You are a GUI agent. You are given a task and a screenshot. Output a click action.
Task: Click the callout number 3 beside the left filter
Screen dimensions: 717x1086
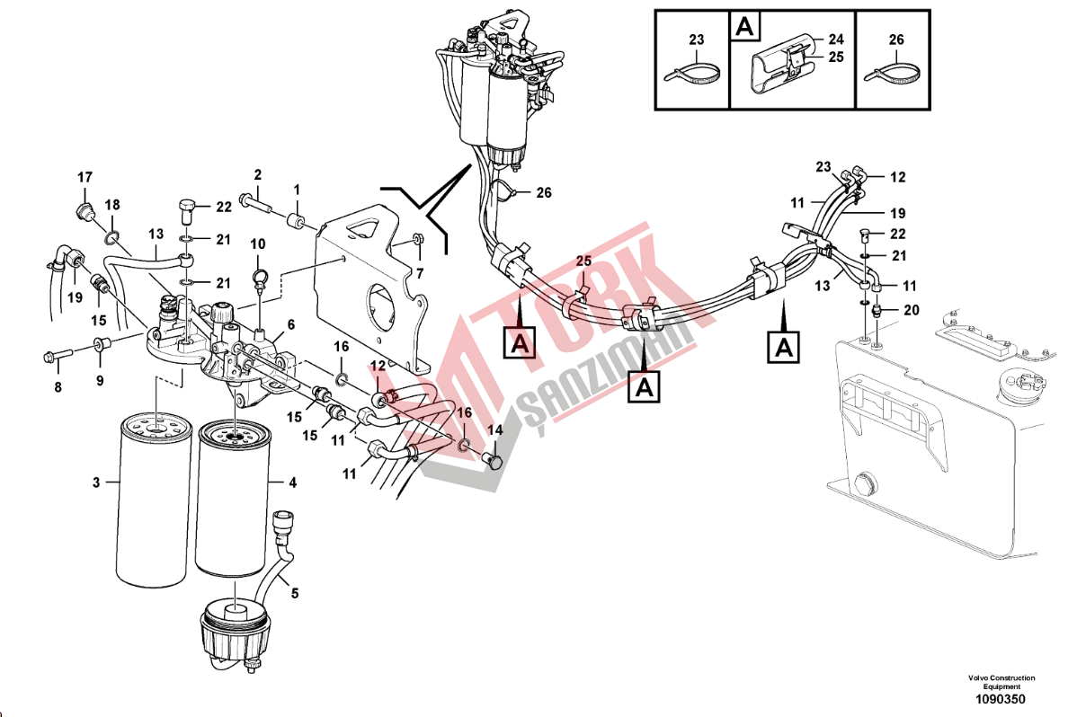[x=96, y=482]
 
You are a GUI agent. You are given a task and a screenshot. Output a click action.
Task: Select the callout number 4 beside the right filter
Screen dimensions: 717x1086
[x=292, y=482]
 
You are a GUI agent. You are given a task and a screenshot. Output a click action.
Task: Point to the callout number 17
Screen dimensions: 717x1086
[x=85, y=176]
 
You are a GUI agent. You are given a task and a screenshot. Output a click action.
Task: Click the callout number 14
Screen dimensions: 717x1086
[x=494, y=430]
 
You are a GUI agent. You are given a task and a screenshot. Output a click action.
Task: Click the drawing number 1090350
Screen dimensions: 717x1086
[x=1001, y=699]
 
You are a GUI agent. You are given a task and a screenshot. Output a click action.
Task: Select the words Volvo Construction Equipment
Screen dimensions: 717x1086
[x=1001, y=682]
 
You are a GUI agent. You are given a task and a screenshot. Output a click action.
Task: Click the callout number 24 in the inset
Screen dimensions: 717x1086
[x=836, y=40]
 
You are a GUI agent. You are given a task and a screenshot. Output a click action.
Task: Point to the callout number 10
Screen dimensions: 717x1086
[x=258, y=243]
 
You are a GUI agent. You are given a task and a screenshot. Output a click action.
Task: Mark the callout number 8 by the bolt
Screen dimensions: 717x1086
[x=58, y=388]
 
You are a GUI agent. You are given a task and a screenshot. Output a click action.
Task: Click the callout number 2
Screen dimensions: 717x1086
[x=257, y=174]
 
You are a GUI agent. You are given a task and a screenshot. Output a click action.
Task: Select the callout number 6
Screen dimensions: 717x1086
[x=290, y=324]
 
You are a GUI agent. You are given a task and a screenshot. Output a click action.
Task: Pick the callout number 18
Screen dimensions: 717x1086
[x=112, y=204]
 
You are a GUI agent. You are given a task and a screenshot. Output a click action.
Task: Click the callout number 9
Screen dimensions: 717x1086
[x=100, y=380]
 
